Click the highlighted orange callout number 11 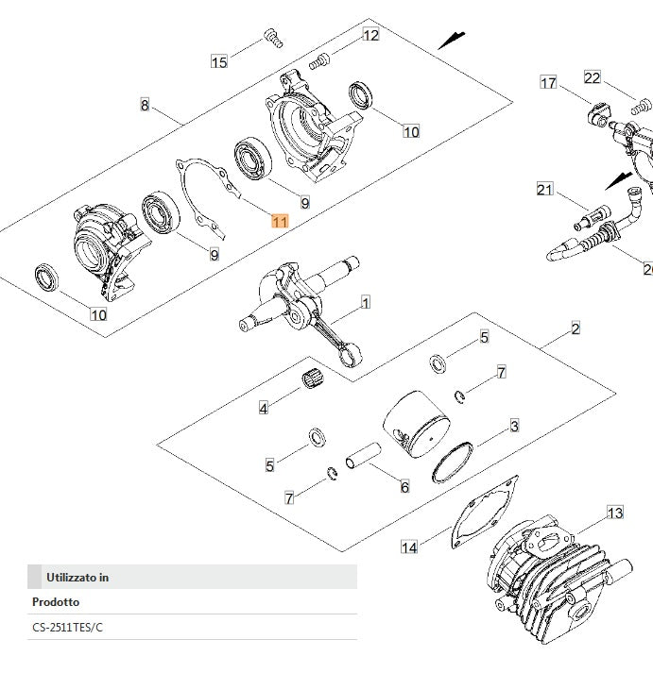[x=280, y=222]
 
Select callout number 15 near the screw [x=219, y=62]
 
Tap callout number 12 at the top [x=370, y=36]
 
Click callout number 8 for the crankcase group [x=145, y=105]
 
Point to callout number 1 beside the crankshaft [x=366, y=303]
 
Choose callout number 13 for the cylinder [x=615, y=513]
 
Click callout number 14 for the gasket [x=409, y=547]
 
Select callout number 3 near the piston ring [x=514, y=427]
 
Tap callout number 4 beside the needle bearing [x=264, y=408]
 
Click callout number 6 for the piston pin [x=404, y=487]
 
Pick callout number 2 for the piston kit [x=576, y=329]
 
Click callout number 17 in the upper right [x=548, y=83]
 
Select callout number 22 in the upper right [x=593, y=77]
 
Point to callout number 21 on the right [x=544, y=190]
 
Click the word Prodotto [x=56, y=602]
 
